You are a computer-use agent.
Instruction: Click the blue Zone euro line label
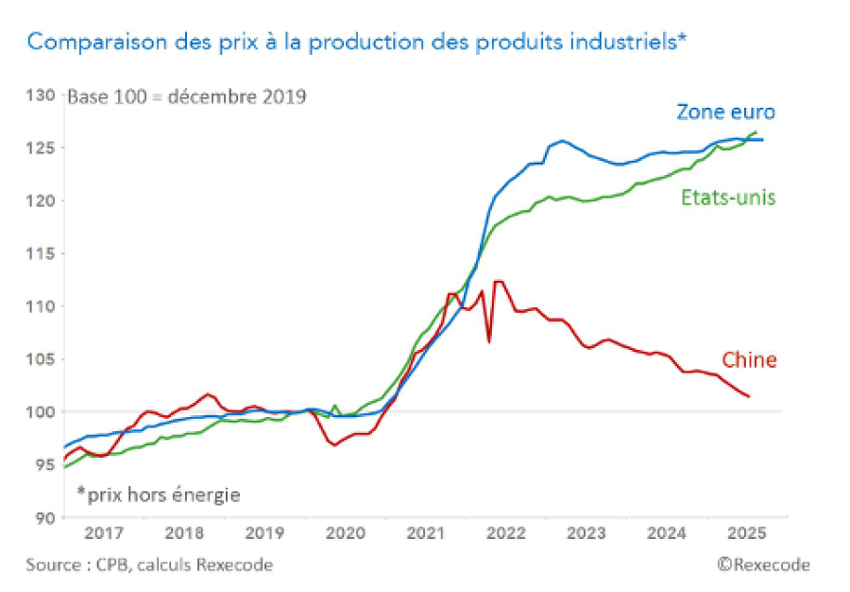(x=725, y=112)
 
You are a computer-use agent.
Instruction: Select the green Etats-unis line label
(x=727, y=198)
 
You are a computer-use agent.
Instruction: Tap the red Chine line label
(x=749, y=359)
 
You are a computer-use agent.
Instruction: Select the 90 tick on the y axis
(x=44, y=517)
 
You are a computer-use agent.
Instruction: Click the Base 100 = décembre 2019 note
(x=185, y=97)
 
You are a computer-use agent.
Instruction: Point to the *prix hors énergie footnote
(x=159, y=494)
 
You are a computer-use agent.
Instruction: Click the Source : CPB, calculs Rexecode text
(x=149, y=565)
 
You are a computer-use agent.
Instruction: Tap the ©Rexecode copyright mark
(x=762, y=565)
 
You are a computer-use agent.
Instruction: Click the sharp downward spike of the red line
(x=488, y=341)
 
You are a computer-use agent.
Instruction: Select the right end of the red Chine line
(x=750, y=396)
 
